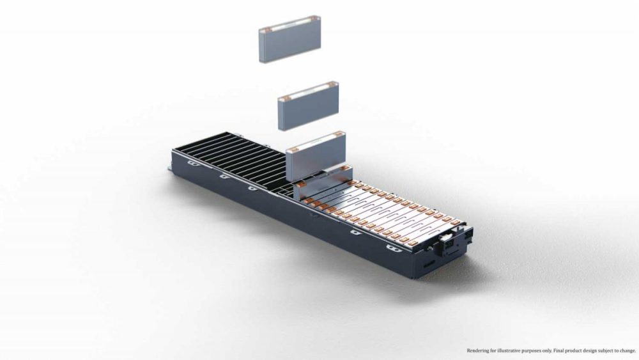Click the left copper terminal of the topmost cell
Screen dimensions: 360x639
(x=268, y=29)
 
